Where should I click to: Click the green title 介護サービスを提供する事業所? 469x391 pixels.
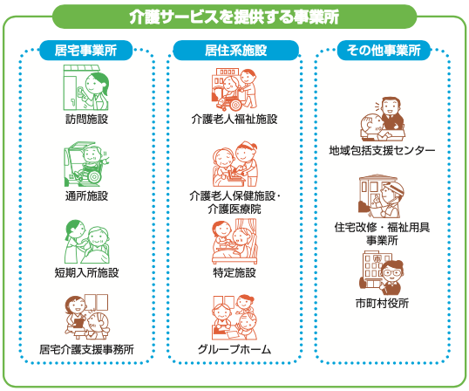(x=234, y=17)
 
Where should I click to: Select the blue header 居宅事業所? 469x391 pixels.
(x=85, y=50)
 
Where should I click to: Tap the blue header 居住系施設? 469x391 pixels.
(x=235, y=50)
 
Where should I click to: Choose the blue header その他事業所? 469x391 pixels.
(x=384, y=50)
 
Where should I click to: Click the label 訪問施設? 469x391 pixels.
(x=86, y=120)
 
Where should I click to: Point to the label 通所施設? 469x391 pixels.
(x=86, y=195)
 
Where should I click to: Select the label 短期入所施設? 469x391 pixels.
(x=86, y=272)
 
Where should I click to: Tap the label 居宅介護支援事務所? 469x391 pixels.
(x=86, y=349)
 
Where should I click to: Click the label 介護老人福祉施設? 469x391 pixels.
(x=234, y=120)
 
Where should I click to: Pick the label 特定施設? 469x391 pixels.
(x=234, y=272)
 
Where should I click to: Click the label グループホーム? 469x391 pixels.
(x=234, y=349)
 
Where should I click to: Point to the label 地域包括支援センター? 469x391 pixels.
(x=382, y=150)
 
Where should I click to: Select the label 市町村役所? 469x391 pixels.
(x=382, y=303)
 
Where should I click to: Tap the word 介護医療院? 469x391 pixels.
(x=234, y=209)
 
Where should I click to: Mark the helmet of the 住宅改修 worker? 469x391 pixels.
(x=393, y=188)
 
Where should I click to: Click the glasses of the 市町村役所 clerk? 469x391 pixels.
(x=391, y=272)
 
